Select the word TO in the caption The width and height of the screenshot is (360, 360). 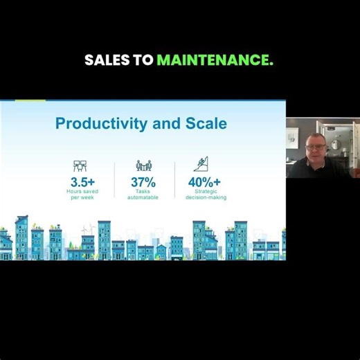144,60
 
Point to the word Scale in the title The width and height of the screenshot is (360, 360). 206,124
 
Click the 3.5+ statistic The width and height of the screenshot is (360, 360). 82,182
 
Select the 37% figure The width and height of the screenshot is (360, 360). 143,182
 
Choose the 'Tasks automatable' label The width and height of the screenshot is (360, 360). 143,194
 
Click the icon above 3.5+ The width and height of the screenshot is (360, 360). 80,166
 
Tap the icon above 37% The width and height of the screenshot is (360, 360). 143,166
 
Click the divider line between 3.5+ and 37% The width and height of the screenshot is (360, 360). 114,180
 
